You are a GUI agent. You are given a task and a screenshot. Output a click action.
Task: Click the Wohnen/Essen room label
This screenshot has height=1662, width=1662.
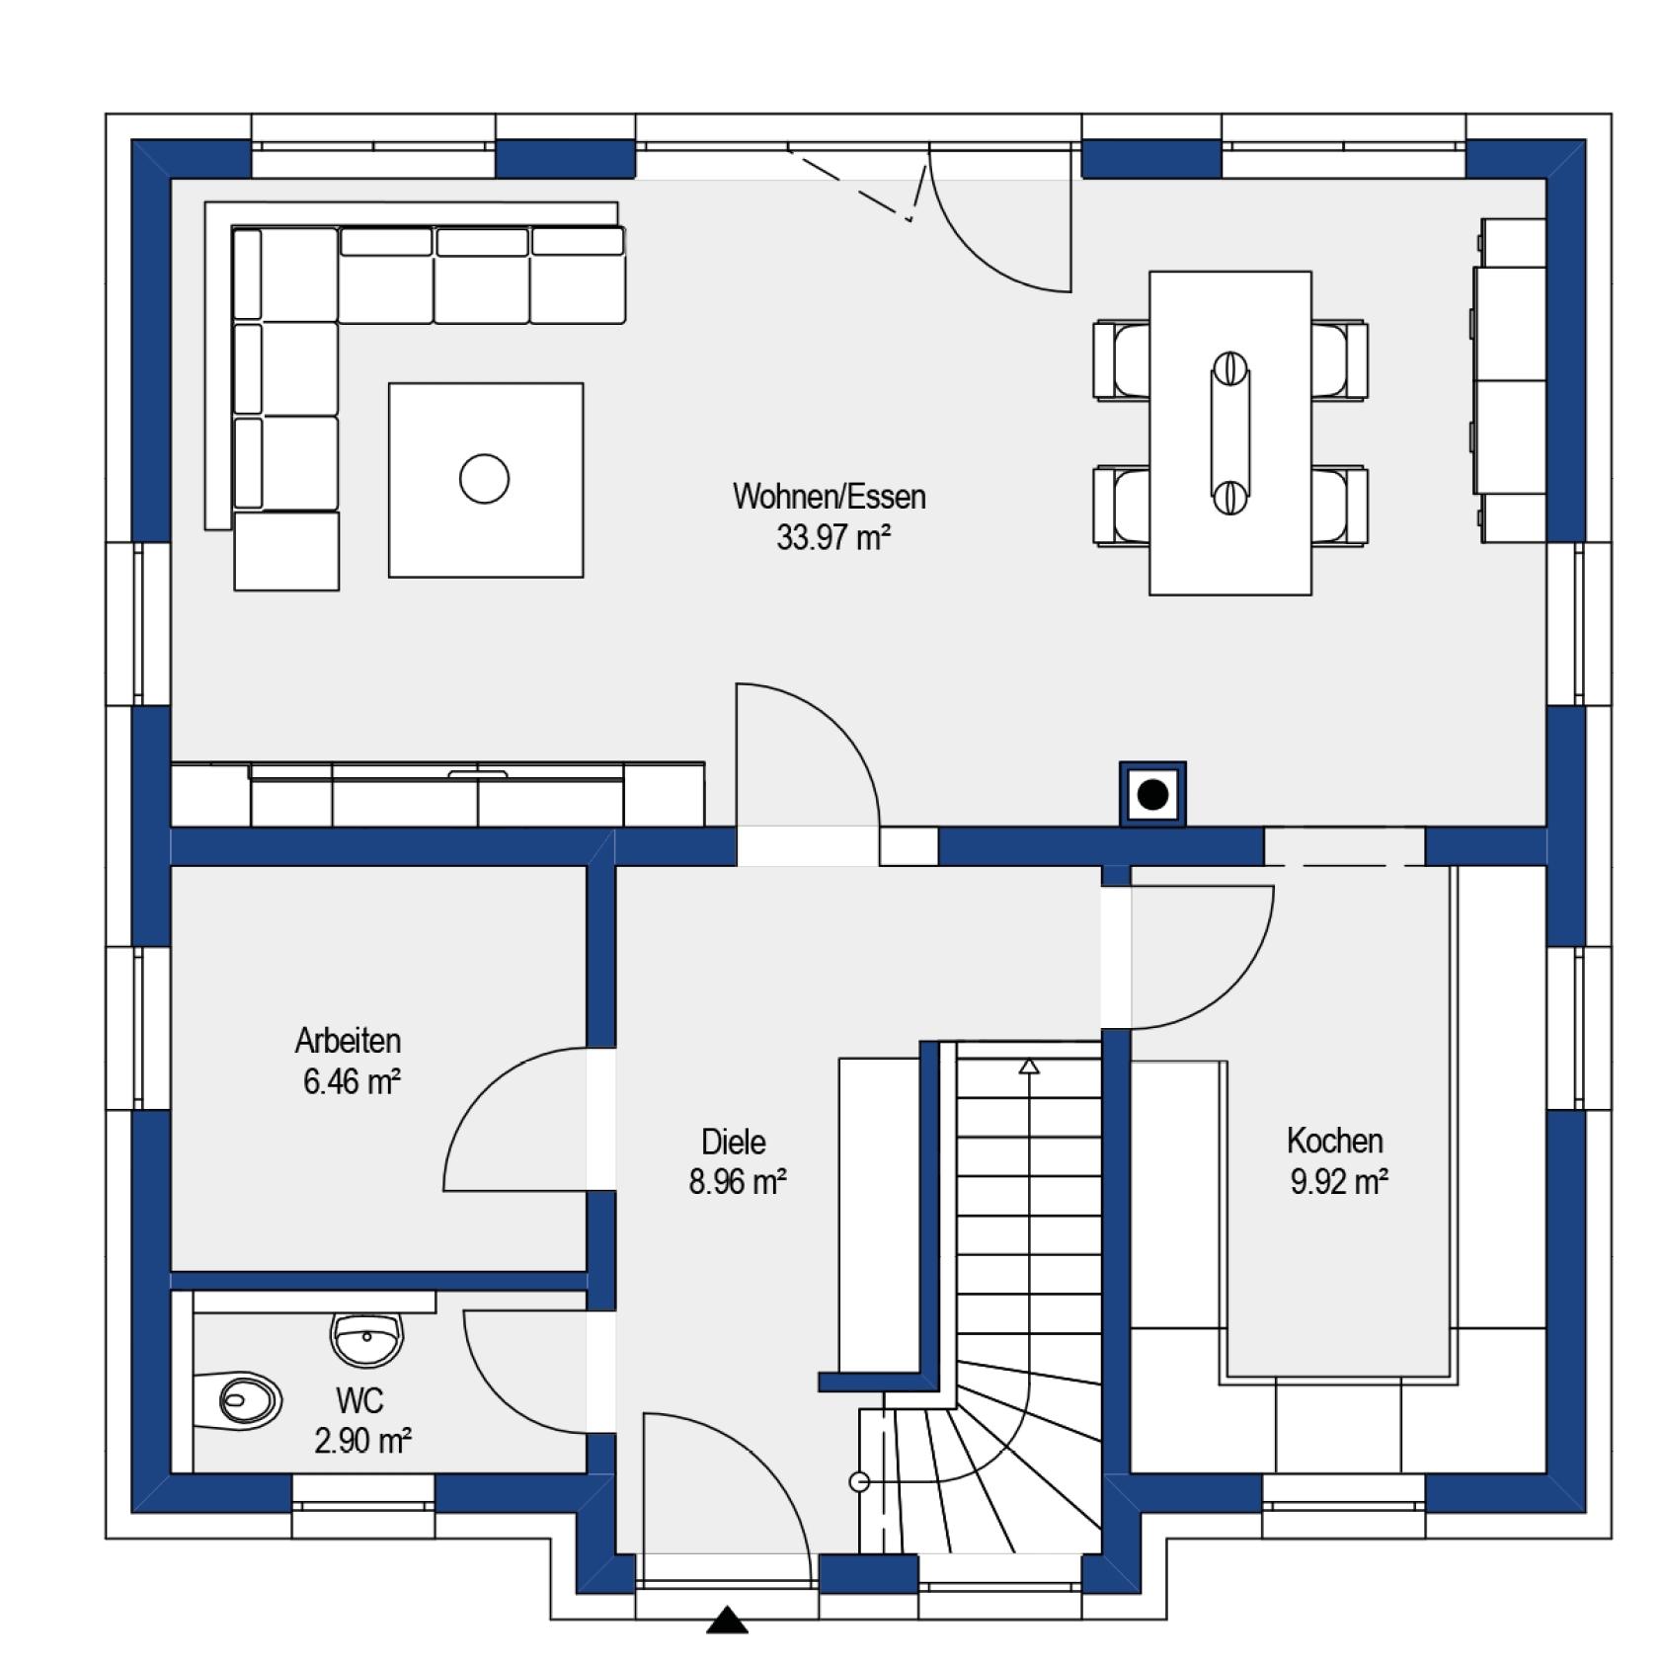(829, 496)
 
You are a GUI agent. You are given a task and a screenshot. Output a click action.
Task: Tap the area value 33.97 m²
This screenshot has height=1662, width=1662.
(833, 537)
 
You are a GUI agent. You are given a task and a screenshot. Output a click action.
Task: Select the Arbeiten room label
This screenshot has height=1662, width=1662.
(348, 1040)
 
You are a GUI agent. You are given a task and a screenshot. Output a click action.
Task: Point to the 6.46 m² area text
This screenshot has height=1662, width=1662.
(352, 1081)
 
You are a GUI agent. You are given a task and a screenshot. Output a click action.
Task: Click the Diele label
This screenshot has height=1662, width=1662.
(734, 1142)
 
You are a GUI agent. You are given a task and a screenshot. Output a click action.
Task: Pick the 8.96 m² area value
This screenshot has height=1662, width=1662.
(738, 1181)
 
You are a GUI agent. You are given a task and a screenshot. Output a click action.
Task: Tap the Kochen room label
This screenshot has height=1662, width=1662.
(1335, 1141)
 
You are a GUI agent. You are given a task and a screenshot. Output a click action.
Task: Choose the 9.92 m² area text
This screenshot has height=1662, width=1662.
(1339, 1181)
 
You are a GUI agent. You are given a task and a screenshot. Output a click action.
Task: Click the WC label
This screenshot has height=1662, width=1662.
(359, 1400)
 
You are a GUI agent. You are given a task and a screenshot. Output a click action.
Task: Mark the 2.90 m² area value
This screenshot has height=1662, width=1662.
(362, 1441)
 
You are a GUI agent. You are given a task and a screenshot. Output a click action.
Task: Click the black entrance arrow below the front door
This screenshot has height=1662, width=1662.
(728, 1620)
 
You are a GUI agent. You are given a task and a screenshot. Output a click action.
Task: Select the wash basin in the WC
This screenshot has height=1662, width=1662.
(367, 1339)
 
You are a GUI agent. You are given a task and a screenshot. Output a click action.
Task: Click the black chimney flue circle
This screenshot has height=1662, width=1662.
(1152, 794)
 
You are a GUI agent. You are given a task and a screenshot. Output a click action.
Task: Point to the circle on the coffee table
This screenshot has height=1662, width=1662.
(484, 479)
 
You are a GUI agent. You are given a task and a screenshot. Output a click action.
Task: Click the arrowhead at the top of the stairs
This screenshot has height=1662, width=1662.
(1029, 1067)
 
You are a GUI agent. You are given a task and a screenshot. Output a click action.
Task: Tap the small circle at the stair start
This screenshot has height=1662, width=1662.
(859, 1481)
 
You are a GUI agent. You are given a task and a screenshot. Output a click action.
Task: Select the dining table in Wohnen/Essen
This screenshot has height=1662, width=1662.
(1230, 434)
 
